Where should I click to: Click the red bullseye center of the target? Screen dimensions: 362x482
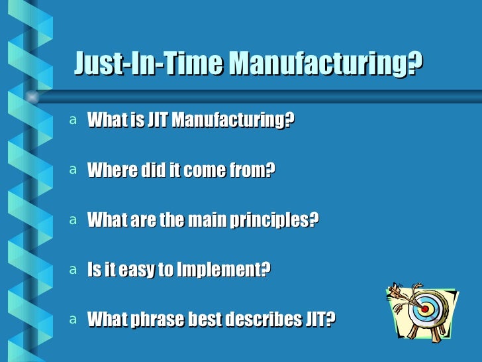tap(425, 309)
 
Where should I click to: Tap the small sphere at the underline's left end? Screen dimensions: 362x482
tap(32, 97)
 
